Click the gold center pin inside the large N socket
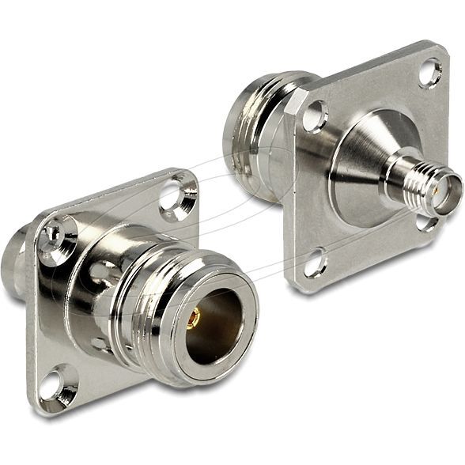click(193, 317)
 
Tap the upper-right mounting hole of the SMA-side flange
click(430, 72)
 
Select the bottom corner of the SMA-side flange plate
click(297, 286)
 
